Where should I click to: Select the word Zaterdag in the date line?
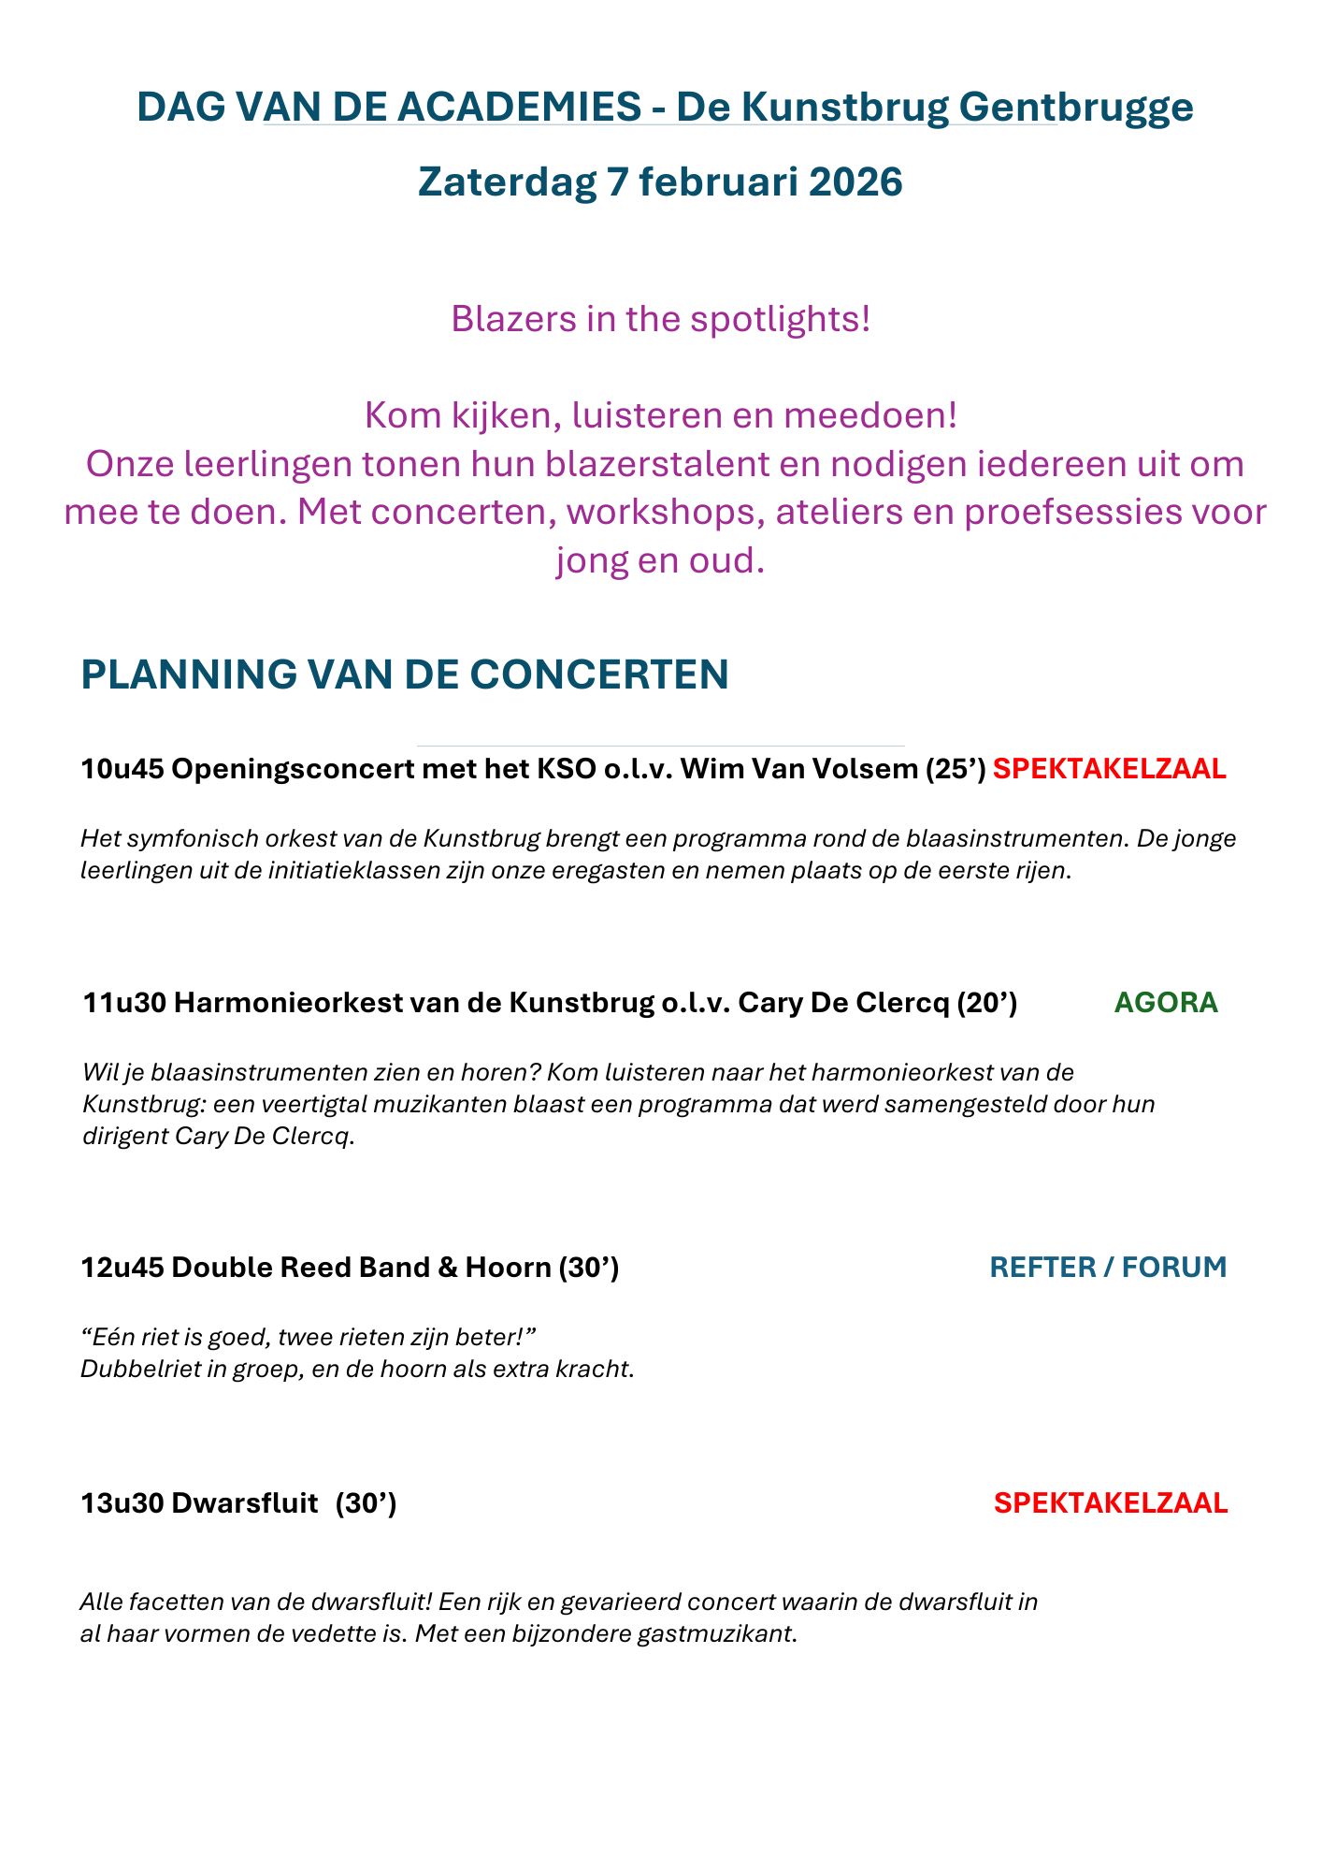tap(507, 181)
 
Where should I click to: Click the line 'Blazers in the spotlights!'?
tap(660, 319)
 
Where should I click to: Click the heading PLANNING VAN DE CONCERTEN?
tap(405, 674)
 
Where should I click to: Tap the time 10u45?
tap(122, 769)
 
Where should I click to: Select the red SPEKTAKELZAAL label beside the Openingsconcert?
tap(1109, 769)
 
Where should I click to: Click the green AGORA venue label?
tap(1166, 1003)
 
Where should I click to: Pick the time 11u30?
tap(124, 1003)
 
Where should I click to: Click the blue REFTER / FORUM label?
tap(1108, 1267)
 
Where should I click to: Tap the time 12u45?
tap(122, 1267)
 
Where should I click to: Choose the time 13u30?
tap(122, 1502)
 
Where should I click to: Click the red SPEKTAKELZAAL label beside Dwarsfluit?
tap(1110, 1502)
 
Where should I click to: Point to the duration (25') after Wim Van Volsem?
tap(956, 769)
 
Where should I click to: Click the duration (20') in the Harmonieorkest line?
tap(986, 1003)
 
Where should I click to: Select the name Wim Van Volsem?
tap(799, 769)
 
